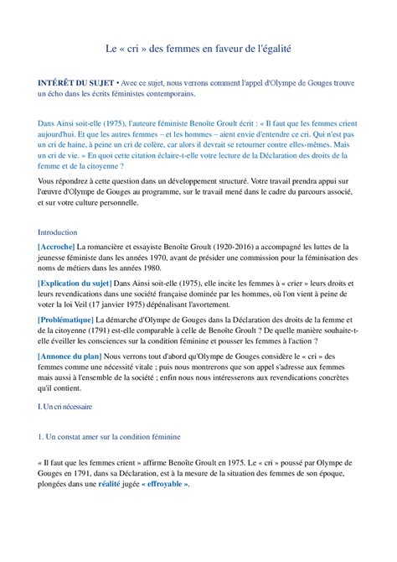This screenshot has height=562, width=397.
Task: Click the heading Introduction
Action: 58,232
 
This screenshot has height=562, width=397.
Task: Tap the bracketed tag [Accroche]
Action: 56,247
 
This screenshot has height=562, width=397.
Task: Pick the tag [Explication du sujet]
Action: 75,284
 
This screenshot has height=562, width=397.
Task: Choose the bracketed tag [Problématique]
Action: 65,320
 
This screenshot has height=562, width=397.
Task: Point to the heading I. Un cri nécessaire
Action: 65,407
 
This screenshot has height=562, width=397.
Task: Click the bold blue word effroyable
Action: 168,484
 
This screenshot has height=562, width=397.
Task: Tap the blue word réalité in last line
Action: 109,484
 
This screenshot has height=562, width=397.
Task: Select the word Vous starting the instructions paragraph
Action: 48,180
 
